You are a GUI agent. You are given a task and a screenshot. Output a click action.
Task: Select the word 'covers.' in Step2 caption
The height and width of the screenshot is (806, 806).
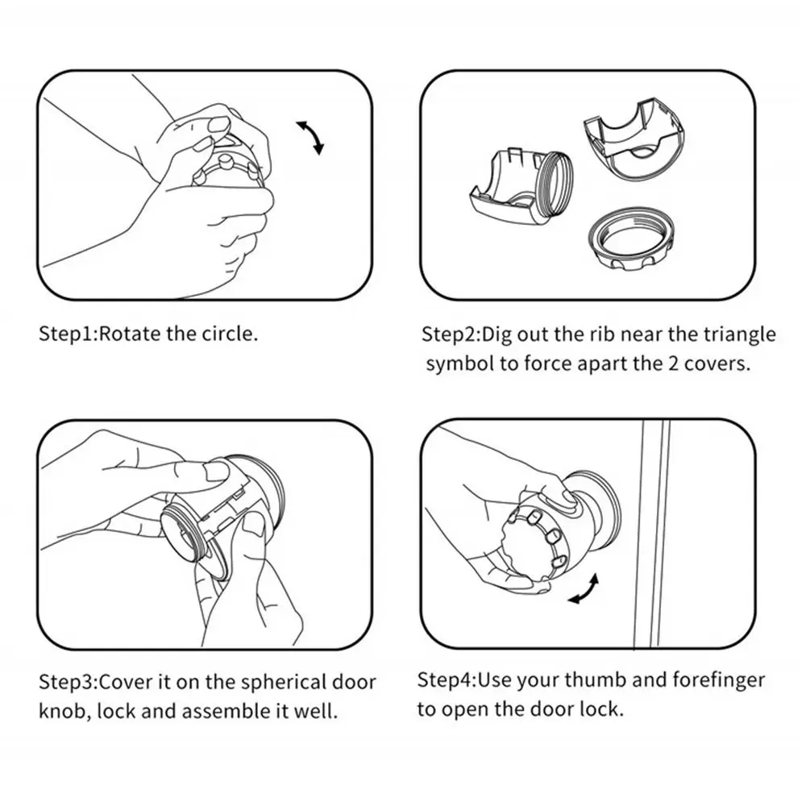[717, 364]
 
